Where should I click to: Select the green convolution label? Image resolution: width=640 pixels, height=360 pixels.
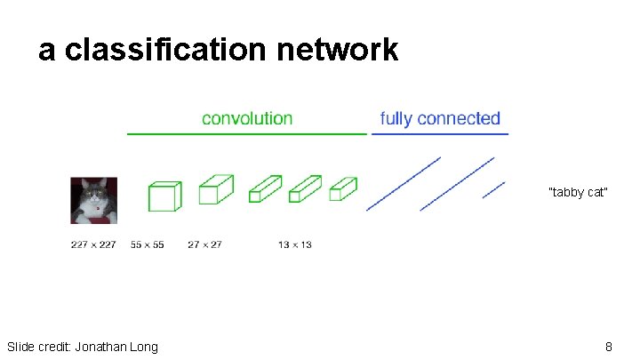247,118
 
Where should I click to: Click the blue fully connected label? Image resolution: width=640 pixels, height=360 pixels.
440,118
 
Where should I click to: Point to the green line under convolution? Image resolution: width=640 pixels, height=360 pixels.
247,134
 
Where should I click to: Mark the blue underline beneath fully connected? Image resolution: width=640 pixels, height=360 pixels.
440,134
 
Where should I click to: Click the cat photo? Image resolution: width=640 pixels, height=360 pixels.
93,201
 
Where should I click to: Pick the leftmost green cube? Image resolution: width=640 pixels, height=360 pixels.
164,196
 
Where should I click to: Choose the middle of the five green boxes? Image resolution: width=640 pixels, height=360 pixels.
265,188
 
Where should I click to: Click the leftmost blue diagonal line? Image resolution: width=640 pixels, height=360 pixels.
404,184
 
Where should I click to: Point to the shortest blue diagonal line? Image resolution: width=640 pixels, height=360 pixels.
493,190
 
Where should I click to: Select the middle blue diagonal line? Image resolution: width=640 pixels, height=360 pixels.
457,184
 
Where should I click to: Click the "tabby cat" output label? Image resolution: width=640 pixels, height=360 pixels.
578,192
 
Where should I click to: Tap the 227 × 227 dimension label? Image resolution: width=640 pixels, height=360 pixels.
93,244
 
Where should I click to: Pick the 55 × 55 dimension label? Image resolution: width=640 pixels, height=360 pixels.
147,244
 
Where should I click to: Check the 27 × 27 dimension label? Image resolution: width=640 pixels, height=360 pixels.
204,244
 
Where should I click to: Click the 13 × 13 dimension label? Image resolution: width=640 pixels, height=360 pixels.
294,244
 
